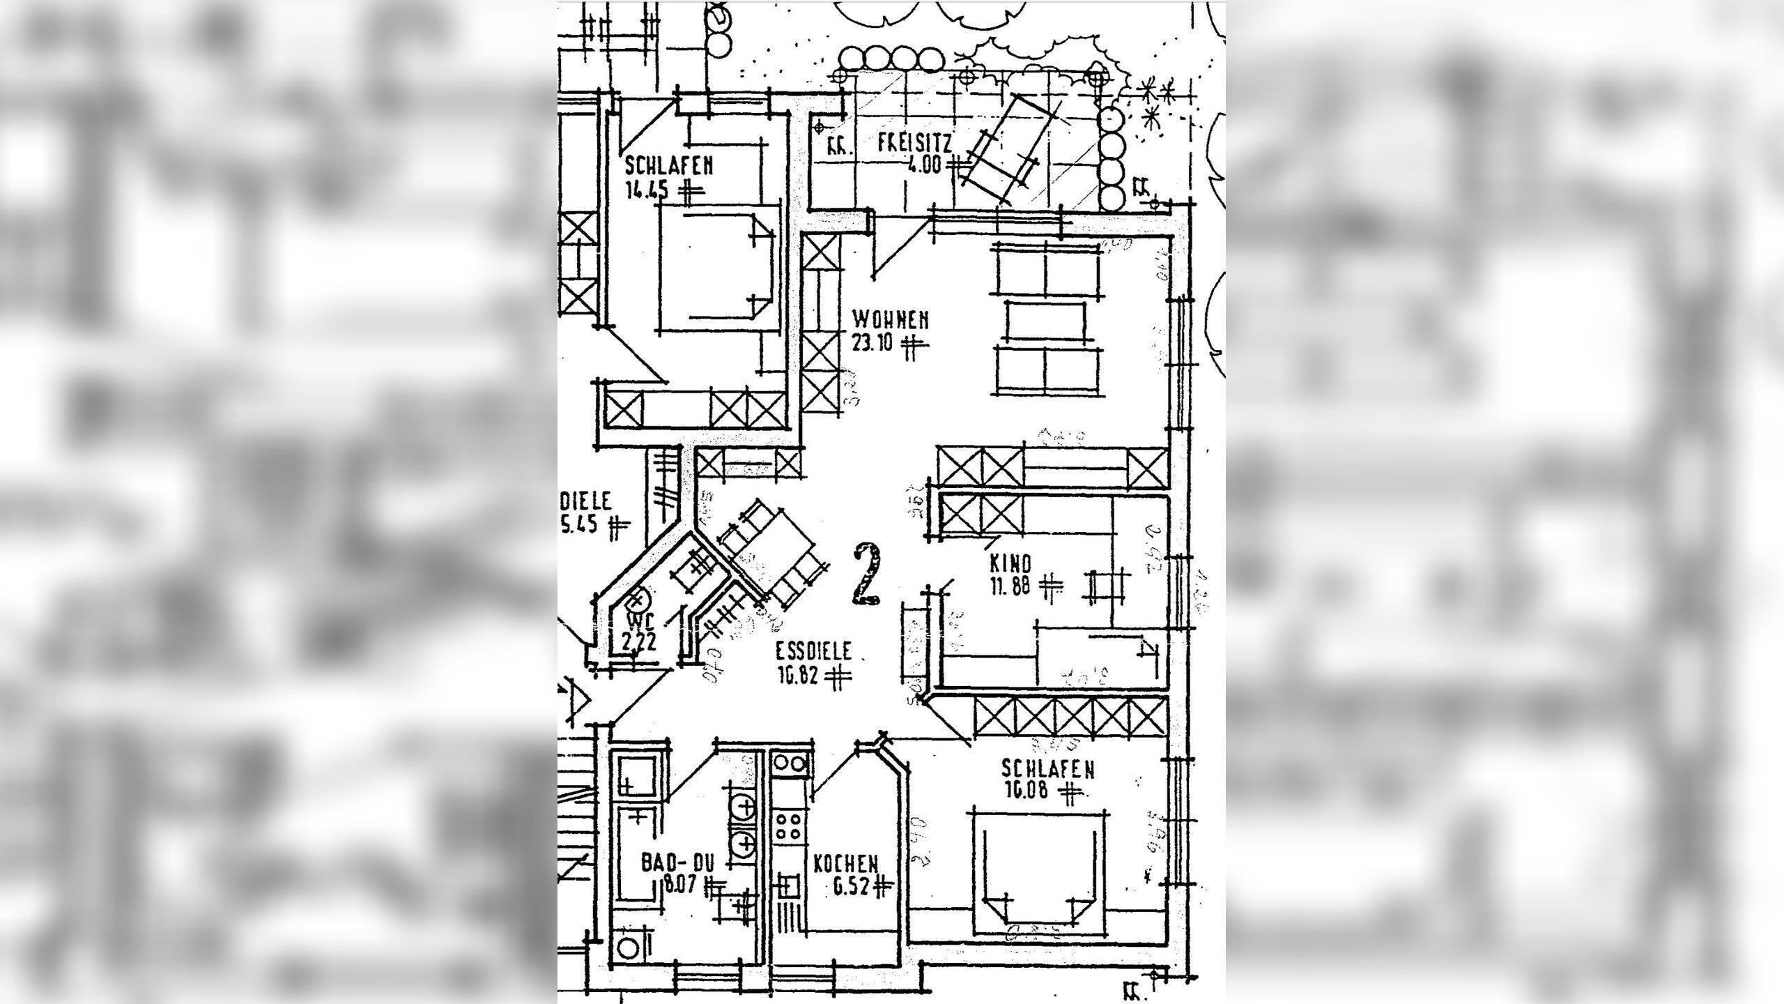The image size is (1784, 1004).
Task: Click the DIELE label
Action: tap(586, 501)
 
